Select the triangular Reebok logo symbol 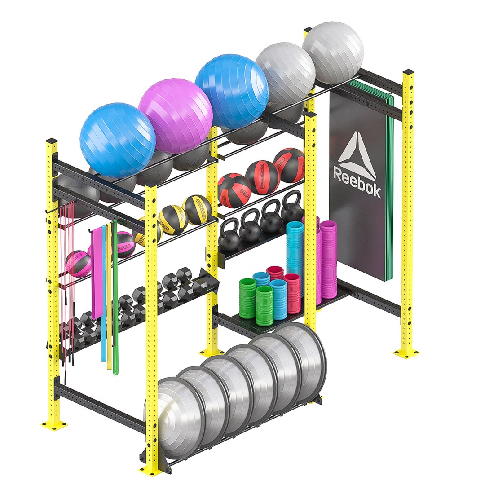pyautogui.click(x=358, y=155)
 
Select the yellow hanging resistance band pyautogui.click(x=109, y=296)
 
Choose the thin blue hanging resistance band pyautogui.click(x=104, y=292)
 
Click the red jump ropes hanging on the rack pyautogui.click(x=67, y=278)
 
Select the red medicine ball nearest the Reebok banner pyautogui.click(x=289, y=165)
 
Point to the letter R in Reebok pyautogui.click(x=338, y=174)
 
